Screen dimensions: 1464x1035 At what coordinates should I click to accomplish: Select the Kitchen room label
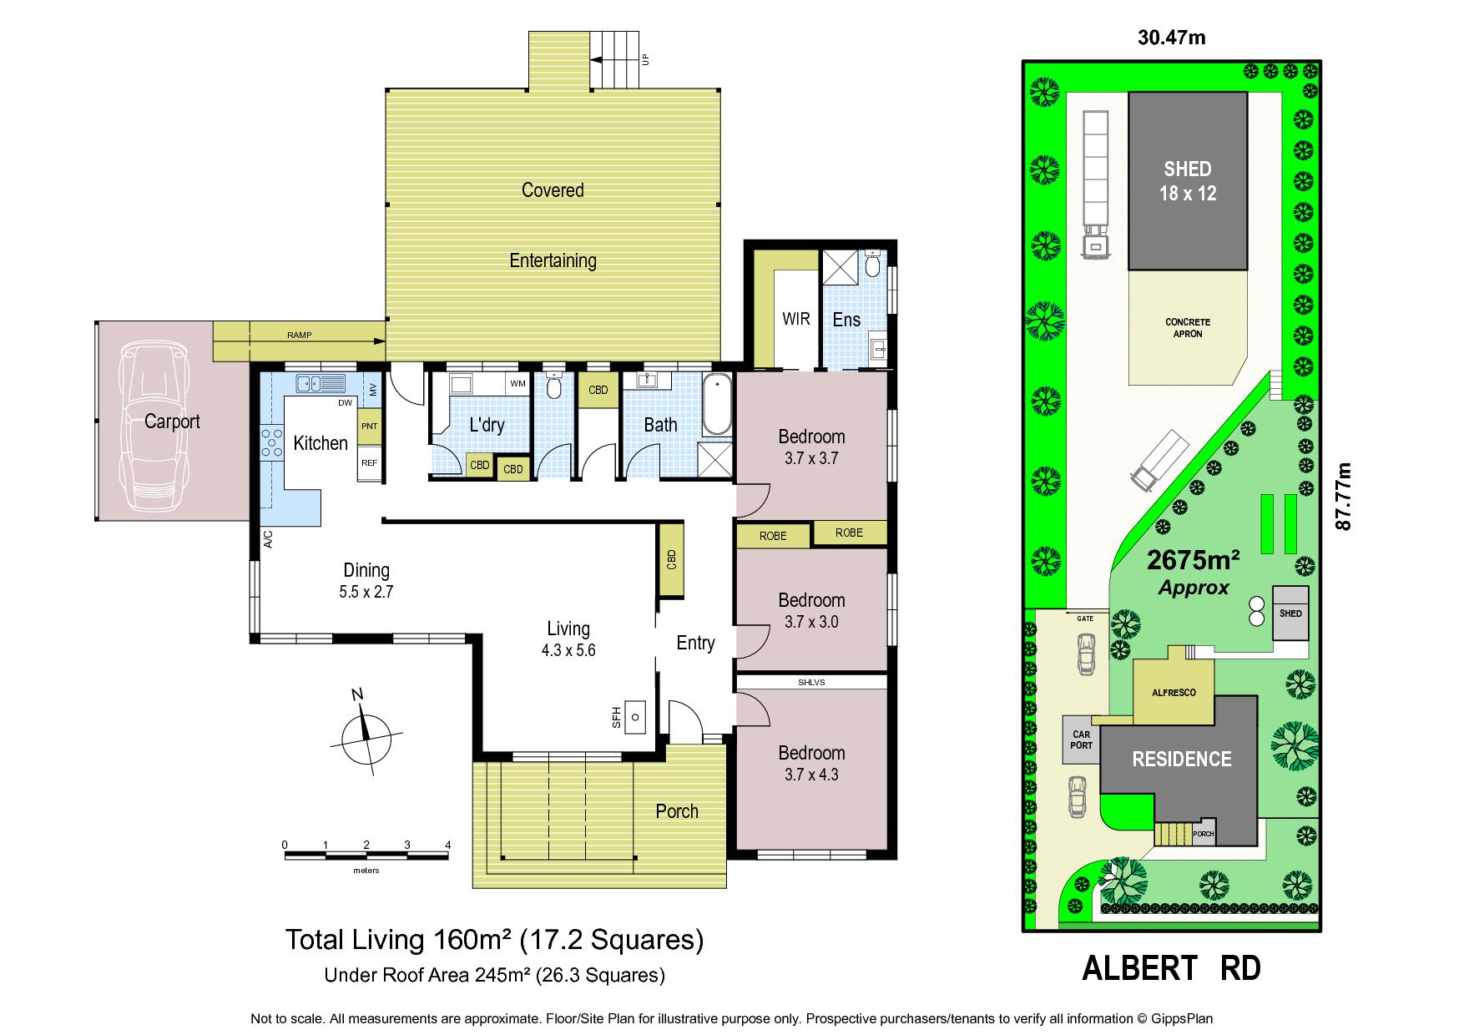tap(321, 443)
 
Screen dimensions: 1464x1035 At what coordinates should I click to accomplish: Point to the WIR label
tap(796, 319)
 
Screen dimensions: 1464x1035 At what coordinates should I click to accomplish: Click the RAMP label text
tap(299, 336)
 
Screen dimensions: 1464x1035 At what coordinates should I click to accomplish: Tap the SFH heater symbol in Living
tap(636, 716)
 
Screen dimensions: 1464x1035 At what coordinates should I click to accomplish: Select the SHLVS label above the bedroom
tap(810, 682)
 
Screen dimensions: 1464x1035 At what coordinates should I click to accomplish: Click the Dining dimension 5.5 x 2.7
tap(366, 593)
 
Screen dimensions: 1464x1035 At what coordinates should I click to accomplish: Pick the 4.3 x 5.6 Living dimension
tap(568, 650)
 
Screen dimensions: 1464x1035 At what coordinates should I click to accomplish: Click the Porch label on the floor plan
tap(677, 811)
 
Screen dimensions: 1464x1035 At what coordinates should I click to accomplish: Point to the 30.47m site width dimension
tap(1171, 38)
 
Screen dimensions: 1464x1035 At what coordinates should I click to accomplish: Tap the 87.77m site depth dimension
tap(1343, 496)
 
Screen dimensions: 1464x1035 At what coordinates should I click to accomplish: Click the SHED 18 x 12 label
tap(1188, 181)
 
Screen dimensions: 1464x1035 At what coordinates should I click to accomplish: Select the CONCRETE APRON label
tap(1188, 328)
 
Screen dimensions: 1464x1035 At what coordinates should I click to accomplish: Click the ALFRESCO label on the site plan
tap(1174, 693)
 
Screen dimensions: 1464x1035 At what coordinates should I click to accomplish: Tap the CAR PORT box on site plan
tap(1082, 740)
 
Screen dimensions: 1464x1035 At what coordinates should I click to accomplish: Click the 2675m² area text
tap(1194, 558)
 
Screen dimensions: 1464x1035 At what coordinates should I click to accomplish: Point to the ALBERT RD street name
tap(1171, 968)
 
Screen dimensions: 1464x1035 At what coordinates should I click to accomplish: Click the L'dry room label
tap(487, 425)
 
